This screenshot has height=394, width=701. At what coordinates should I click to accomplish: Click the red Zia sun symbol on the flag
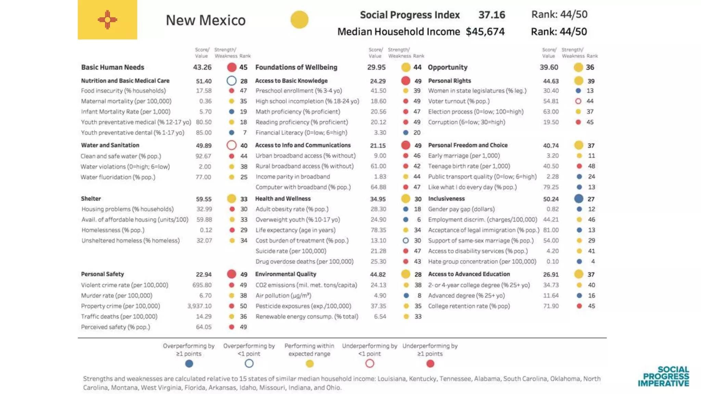[107, 19]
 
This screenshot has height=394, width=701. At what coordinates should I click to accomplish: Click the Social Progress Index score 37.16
[492, 15]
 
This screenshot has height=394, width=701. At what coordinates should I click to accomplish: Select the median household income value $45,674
[485, 32]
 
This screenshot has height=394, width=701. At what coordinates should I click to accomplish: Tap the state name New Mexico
[206, 20]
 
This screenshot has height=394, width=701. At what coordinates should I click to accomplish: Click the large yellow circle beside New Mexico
[299, 19]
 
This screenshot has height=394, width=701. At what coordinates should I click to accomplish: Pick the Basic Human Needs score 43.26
[202, 67]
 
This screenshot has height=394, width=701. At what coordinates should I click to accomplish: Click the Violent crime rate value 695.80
[202, 285]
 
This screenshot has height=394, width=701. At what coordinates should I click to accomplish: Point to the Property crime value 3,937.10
[200, 306]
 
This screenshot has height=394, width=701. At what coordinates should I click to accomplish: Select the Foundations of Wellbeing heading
[296, 67]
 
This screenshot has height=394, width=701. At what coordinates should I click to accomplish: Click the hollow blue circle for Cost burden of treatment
[406, 241]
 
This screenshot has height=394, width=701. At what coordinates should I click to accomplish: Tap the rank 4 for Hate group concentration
[593, 262]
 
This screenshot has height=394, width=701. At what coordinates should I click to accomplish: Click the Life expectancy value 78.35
[378, 230]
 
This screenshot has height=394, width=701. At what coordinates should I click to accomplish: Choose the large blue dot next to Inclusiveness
[578, 199]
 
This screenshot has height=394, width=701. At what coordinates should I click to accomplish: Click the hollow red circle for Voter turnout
[578, 101]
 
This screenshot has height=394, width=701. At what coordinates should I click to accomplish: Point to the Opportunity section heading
[447, 67]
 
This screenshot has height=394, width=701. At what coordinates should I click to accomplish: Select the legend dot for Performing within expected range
[309, 364]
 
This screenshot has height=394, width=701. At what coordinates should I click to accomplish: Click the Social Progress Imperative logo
[663, 377]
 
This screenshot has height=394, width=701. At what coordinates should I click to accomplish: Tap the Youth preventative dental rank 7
[245, 133]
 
